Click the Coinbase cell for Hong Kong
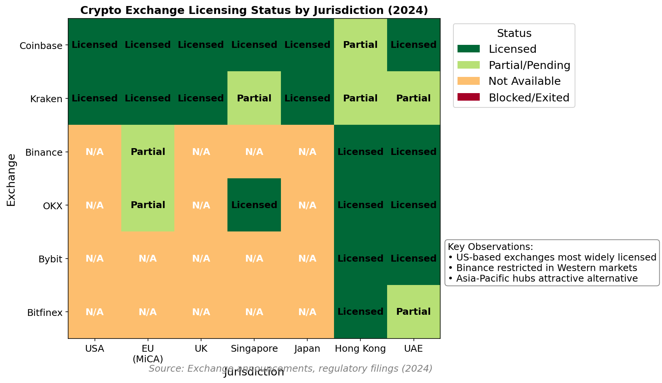pos(360,45)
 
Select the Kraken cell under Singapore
pos(254,98)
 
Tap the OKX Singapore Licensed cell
pos(254,205)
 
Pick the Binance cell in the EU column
pos(148,152)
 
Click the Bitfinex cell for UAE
pos(413,312)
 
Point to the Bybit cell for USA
pos(95,259)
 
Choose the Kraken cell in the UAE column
pos(413,98)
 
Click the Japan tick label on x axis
pos(307,349)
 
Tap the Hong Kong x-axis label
pos(360,349)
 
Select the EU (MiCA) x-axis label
pos(148,353)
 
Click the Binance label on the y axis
pos(44,152)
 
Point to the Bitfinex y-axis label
pos(45,313)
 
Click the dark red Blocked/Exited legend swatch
pos(468,97)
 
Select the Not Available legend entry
pos(524,81)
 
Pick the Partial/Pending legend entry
pos(529,65)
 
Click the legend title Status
pos(514,33)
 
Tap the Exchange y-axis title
pos(11,180)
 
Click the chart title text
pos(254,10)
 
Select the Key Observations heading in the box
pos(490,247)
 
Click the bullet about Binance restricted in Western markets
pos(546,268)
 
